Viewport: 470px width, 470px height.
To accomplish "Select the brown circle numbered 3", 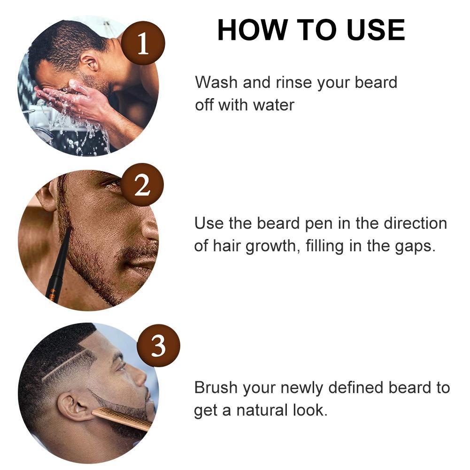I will pos(158,346).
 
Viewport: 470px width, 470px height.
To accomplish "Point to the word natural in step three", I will pos(263,410).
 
